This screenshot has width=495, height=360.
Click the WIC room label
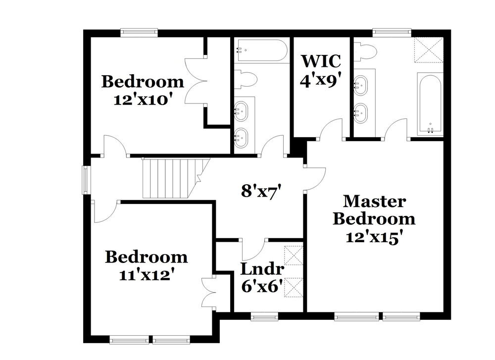coord(321,61)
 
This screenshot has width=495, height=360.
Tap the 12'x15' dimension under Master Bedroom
coord(374,237)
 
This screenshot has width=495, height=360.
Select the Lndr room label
coord(262,269)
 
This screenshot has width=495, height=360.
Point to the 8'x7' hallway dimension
coord(257,191)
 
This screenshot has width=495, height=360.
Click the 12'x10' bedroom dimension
coord(143,99)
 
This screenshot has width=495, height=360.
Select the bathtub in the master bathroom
coord(430,104)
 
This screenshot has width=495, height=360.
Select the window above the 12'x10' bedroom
coord(140,33)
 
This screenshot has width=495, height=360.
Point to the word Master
coord(374,202)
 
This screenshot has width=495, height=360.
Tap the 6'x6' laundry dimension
coord(262,286)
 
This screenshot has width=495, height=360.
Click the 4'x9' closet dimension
coord(321,79)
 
